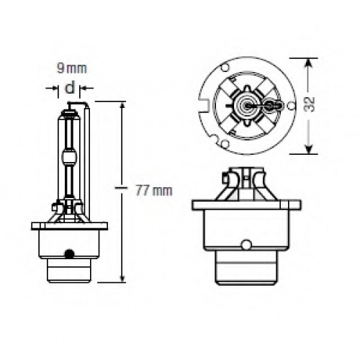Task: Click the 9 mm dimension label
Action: pyautogui.click(x=71, y=68)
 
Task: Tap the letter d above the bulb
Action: pyautogui.click(x=70, y=87)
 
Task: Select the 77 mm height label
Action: pyautogui.click(x=154, y=191)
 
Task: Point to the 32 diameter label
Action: pyautogui.click(x=310, y=104)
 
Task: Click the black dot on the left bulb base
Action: pyautogui.click(x=69, y=253)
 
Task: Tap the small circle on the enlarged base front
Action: pyautogui.click(x=246, y=244)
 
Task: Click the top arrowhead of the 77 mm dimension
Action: pyautogui.click(x=122, y=107)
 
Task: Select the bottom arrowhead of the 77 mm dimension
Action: pyautogui.click(x=122, y=277)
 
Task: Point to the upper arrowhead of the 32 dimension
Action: pyautogui.click(x=309, y=63)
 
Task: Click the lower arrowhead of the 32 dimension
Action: pyautogui.click(x=309, y=149)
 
